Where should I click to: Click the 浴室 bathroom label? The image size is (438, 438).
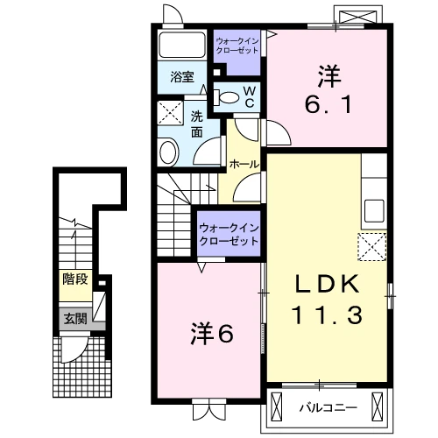182,77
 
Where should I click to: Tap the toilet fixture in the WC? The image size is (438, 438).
226,97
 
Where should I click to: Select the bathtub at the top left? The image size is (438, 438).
182,45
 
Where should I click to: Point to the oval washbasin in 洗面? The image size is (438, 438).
168,152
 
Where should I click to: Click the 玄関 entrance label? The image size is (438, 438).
75,319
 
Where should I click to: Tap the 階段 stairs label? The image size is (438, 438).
75,279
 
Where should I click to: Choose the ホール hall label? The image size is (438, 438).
244,164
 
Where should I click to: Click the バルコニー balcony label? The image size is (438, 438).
328,407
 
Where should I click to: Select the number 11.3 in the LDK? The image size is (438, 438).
327,314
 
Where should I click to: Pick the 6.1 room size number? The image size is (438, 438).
328,104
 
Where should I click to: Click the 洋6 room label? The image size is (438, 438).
212,334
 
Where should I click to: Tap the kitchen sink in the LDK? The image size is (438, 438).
375,211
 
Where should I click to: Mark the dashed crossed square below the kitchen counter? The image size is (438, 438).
372,247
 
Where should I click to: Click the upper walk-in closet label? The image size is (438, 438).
237,46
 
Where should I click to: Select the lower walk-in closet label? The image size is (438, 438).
229,235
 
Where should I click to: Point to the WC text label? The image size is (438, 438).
250,97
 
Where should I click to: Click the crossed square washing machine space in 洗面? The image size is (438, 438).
171,113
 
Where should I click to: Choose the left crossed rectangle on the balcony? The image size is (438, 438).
277,406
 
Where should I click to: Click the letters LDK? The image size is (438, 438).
327,284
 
